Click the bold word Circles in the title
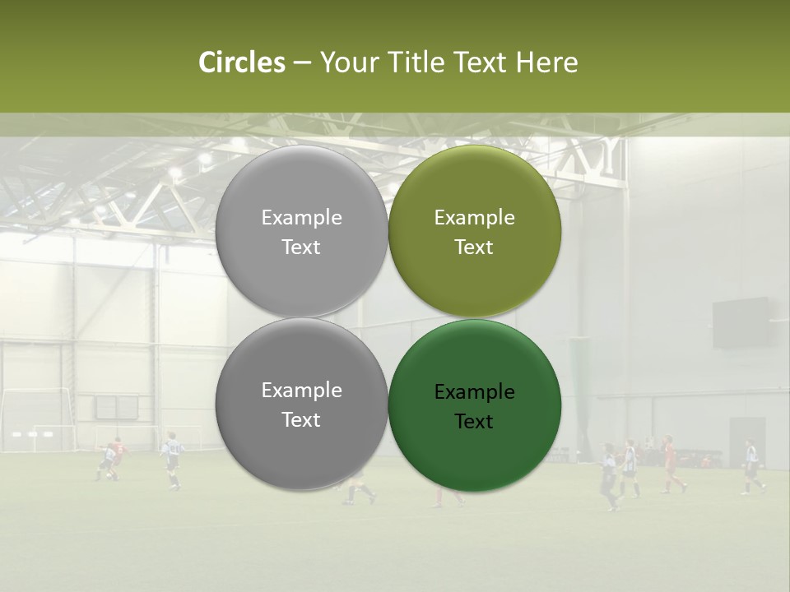point(242,62)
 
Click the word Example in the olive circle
point(474,218)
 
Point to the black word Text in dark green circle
point(474,422)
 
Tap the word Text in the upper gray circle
point(301,247)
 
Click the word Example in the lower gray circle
point(301,391)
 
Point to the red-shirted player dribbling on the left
point(117,456)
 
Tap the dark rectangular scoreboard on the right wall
point(741,323)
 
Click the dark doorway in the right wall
point(746,442)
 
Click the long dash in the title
point(302,63)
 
